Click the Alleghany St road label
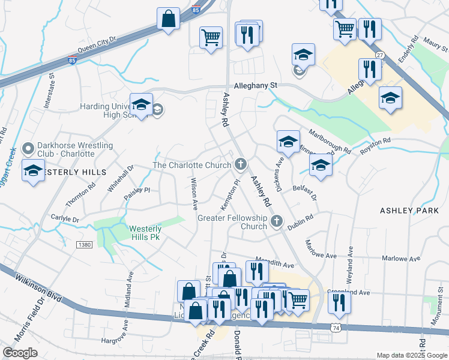pyautogui.click(x=256, y=86)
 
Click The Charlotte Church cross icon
pyautogui.click(x=241, y=164)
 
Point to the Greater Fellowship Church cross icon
pyautogui.click(x=277, y=221)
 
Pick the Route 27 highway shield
pyautogui.click(x=379, y=55)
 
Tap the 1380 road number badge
pyautogui.click(x=84, y=244)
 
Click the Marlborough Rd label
pyautogui.click(x=329, y=140)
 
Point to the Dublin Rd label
pyautogui.click(x=300, y=223)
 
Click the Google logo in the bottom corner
pyautogui.click(x=20, y=353)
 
